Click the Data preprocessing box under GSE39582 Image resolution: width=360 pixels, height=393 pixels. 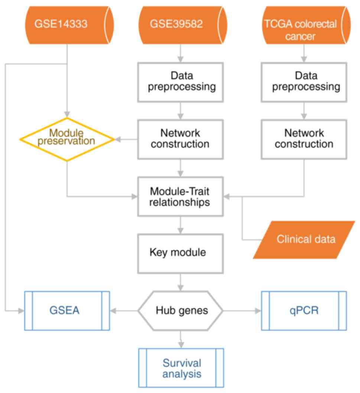tap(181, 82)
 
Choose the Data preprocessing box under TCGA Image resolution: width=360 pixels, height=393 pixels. tap(304, 82)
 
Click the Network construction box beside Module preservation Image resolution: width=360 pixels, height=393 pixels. tap(181, 138)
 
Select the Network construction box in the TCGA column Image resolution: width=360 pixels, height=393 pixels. tap(304, 138)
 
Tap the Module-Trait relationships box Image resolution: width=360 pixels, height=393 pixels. tap(181, 197)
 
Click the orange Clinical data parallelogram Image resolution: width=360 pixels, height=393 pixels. tap(305, 239)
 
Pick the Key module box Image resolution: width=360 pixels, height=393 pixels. tap(181, 253)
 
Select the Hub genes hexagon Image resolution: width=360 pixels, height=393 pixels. tap(181, 310)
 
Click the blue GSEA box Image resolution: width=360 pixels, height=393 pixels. tap(67, 310)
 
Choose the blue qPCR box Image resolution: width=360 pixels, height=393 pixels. tap(304, 310)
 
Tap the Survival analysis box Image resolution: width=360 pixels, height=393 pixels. tap(181, 368)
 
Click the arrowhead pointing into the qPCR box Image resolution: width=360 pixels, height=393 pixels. tap(258, 310)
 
